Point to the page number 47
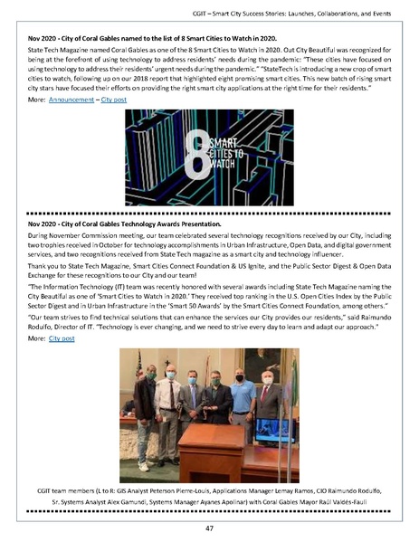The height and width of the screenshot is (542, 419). coord(209,528)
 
